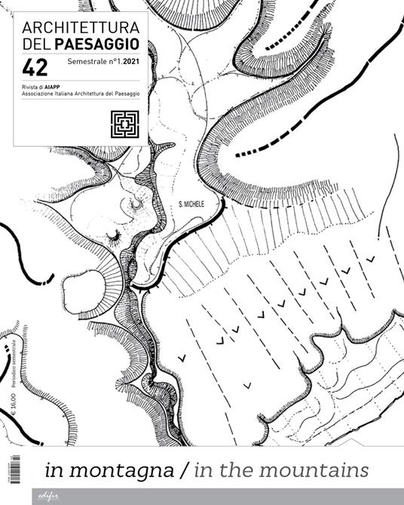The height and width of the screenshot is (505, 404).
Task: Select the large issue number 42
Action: [x=35, y=69]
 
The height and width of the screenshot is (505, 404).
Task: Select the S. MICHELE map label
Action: [x=197, y=204]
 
